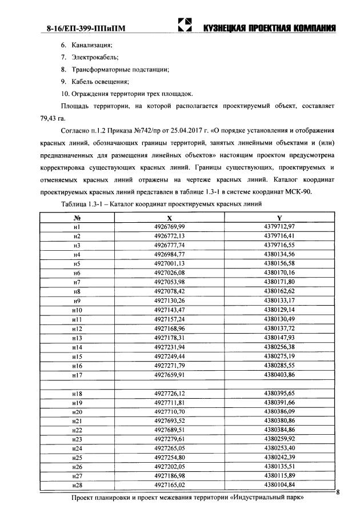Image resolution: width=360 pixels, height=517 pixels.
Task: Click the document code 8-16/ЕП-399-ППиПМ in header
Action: pyautogui.click(x=83, y=28)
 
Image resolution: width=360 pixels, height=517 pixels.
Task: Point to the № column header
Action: pyautogui.click(x=77, y=218)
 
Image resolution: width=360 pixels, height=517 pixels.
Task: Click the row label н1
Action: pyautogui.click(x=77, y=227)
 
